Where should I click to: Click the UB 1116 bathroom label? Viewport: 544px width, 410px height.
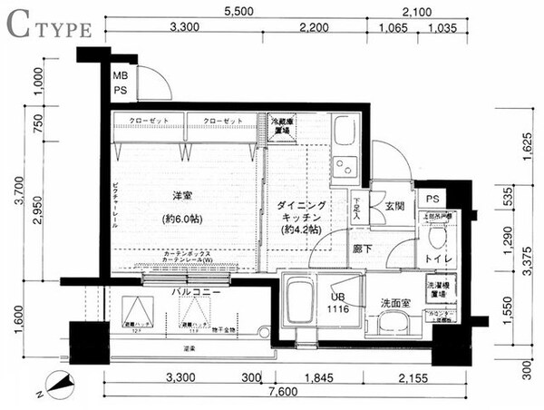point(337,302)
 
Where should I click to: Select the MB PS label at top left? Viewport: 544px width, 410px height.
point(120,83)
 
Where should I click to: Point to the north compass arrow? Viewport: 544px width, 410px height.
point(59,388)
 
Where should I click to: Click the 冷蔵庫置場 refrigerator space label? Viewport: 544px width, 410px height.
point(279,126)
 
